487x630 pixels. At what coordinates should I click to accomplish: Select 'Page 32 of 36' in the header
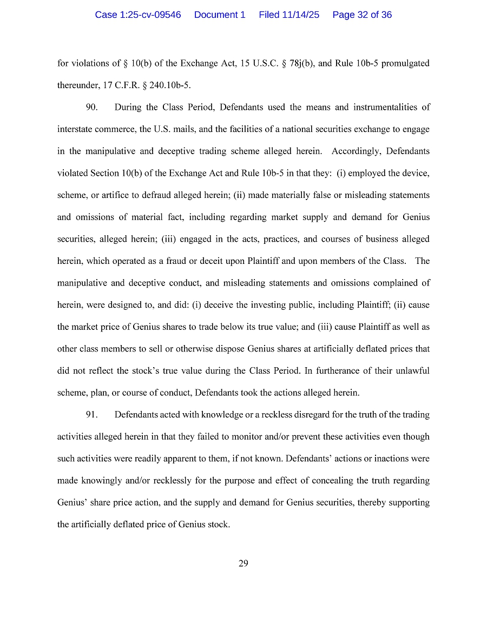[x=362, y=15]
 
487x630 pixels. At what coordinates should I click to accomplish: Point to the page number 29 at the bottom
[x=243, y=563]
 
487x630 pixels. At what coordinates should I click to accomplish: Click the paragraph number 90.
[x=91, y=107]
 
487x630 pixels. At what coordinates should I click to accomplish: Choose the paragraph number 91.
[x=91, y=415]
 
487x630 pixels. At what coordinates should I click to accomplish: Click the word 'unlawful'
[x=413, y=371]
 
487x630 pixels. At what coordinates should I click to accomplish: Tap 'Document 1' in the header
[x=220, y=15]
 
